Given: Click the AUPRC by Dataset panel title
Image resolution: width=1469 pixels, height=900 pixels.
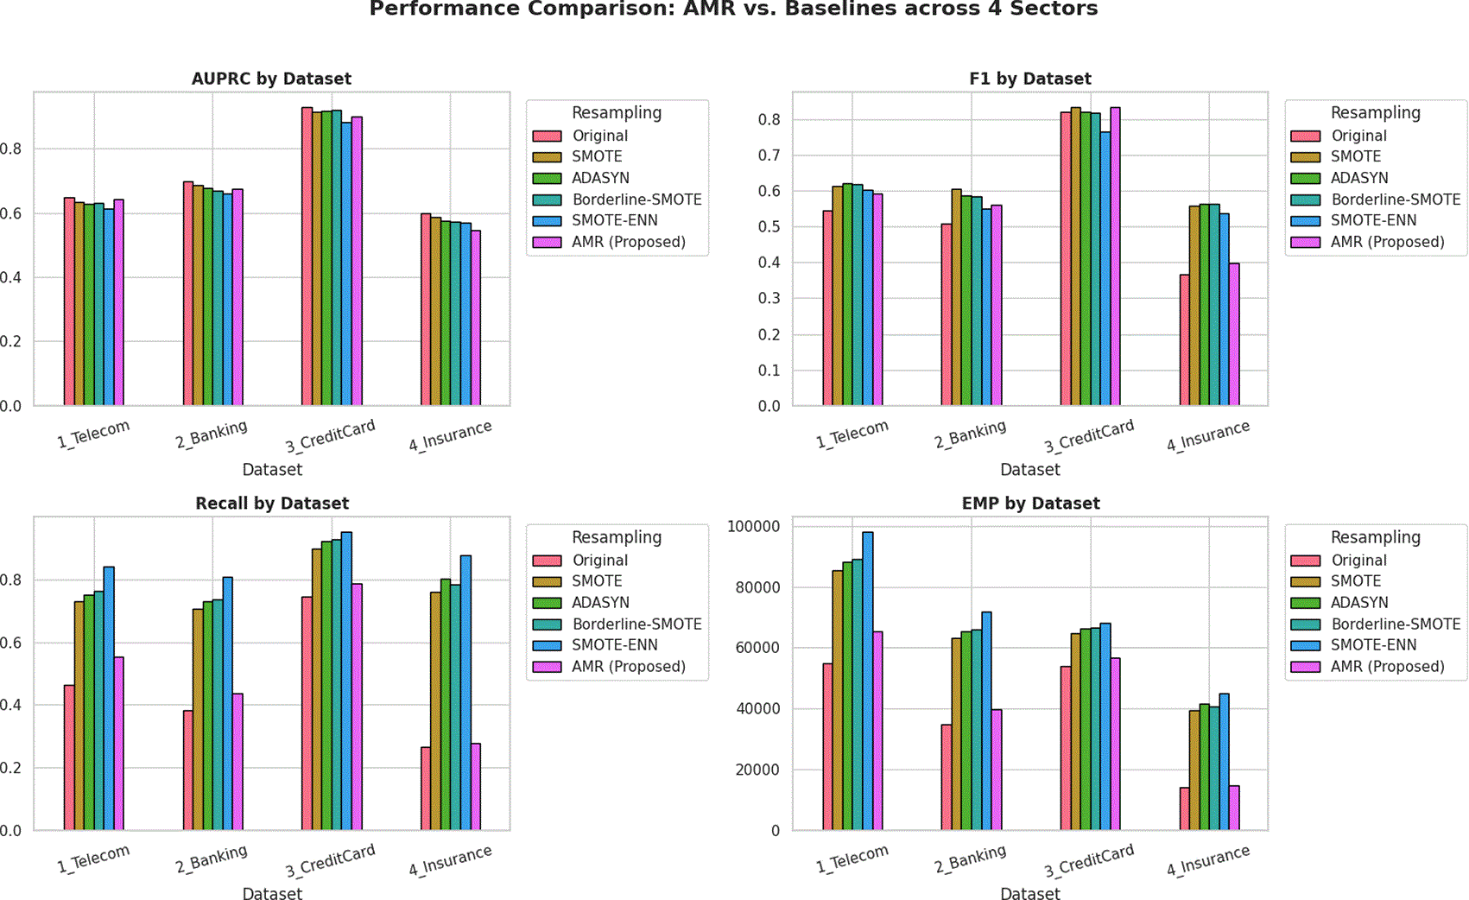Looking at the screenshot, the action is pyautogui.click(x=271, y=79).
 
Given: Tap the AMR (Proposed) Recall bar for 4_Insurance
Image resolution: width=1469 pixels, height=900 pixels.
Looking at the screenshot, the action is pyautogui.click(x=476, y=787).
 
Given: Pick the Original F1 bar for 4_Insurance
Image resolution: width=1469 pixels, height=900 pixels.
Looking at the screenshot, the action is pyautogui.click(x=1184, y=339).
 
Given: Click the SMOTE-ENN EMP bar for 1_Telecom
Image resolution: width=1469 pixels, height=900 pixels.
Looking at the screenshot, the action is pyautogui.click(x=868, y=681).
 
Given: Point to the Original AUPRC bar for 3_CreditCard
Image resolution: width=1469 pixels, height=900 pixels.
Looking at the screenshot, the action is pyautogui.click(x=307, y=257).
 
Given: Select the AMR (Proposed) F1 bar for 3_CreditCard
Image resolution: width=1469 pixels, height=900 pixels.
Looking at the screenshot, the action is pyautogui.click(x=1115, y=257).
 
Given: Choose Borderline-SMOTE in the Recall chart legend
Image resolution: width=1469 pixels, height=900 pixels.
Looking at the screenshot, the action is pyautogui.click(x=636, y=624).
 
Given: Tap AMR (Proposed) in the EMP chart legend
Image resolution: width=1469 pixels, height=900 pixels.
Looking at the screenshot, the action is pyautogui.click(x=1388, y=667).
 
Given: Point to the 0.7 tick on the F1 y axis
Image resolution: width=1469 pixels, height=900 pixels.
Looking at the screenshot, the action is pyautogui.click(x=769, y=155).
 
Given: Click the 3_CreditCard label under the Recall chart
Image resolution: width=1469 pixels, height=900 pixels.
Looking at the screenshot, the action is pyautogui.click(x=330, y=860).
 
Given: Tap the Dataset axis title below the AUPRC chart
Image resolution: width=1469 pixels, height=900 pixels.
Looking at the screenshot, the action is pyautogui.click(x=272, y=470).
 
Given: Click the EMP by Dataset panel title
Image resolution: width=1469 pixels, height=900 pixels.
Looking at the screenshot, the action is pyautogui.click(x=1030, y=504).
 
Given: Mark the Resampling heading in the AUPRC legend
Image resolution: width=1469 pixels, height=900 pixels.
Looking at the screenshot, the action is pyautogui.click(x=617, y=113).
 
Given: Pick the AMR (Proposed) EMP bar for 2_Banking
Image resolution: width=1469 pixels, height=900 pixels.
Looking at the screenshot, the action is pyautogui.click(x=996, y=770).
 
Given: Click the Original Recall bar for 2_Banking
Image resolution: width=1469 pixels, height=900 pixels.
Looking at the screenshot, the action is pyautogui.click(x=188, y=770).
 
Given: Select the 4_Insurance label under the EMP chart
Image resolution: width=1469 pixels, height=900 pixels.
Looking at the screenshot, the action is pyautogui.click(x=1208, y=860).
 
